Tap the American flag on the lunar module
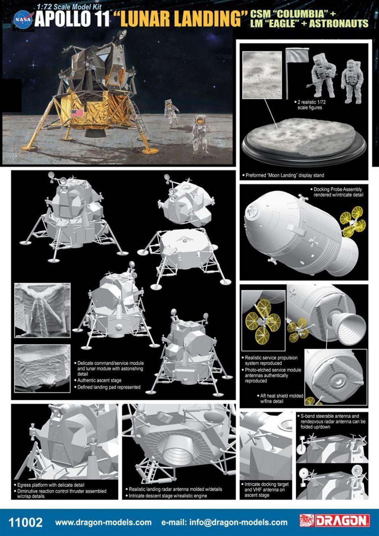[77, 113]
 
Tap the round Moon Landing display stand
[304, 141]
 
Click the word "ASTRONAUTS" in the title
[338, 23]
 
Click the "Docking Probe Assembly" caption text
[338, 189]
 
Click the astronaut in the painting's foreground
[200, 134]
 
